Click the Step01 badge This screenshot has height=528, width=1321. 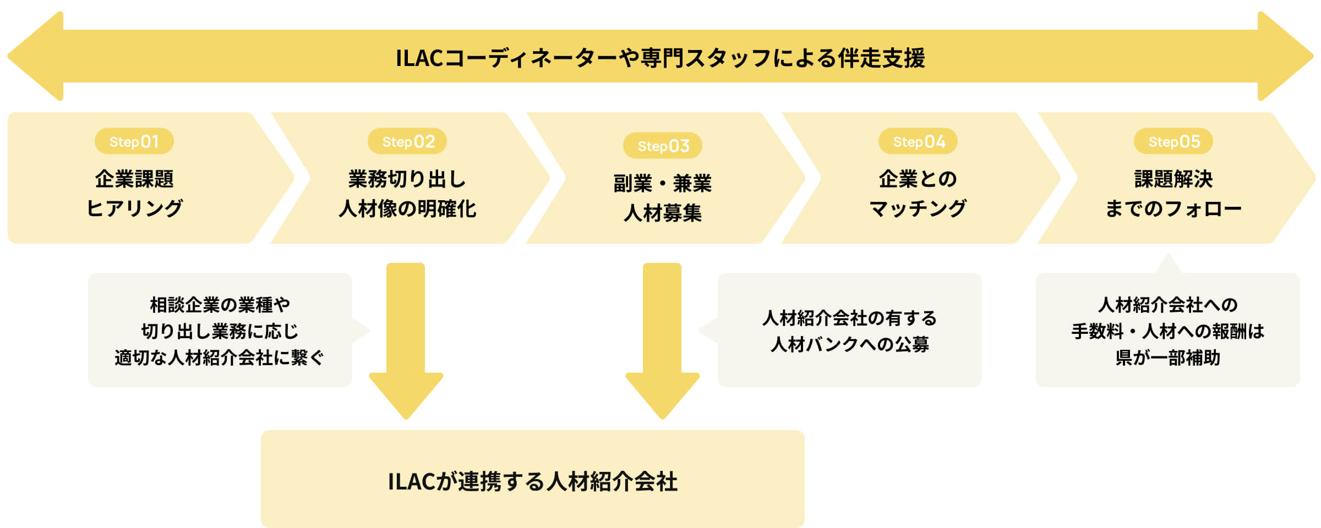134,141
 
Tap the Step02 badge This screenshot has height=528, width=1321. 407,141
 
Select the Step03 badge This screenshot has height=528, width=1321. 663,146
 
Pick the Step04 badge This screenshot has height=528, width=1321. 918,141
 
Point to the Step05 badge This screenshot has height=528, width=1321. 1173,141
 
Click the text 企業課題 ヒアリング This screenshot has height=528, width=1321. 134,194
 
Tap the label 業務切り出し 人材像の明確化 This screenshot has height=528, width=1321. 407,194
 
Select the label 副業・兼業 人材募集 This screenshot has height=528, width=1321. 663,198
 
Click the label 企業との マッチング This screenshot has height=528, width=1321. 918,194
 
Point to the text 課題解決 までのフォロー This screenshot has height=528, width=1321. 1173,194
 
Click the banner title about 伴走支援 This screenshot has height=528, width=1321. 660,58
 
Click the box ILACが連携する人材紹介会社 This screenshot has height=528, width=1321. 532,480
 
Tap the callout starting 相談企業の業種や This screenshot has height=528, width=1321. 220,331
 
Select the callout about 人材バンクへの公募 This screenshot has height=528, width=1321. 849,331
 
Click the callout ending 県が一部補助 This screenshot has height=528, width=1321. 1167,331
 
